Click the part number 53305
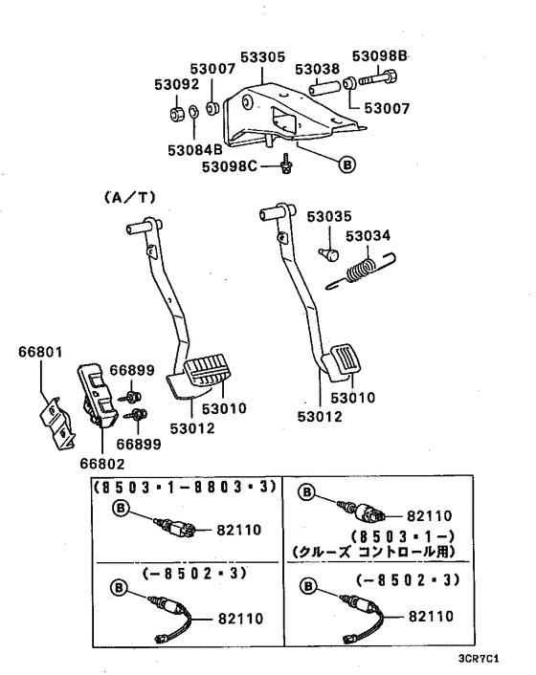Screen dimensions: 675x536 pyautogui.click(x=263, y=57)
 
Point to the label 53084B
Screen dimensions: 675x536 pyautogui.click(x=194, y=148)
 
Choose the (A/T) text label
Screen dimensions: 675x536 pyautogui.click(x=128, y=198)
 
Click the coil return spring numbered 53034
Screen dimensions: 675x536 pyautogui.click(x=361, y=268)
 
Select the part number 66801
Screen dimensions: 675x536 pyautogui.click(x=39, y=352)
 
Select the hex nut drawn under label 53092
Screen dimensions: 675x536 pyautogui.click(x=176, y=116)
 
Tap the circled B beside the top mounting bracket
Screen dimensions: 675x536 pyautogui.click(x=347, y=163)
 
